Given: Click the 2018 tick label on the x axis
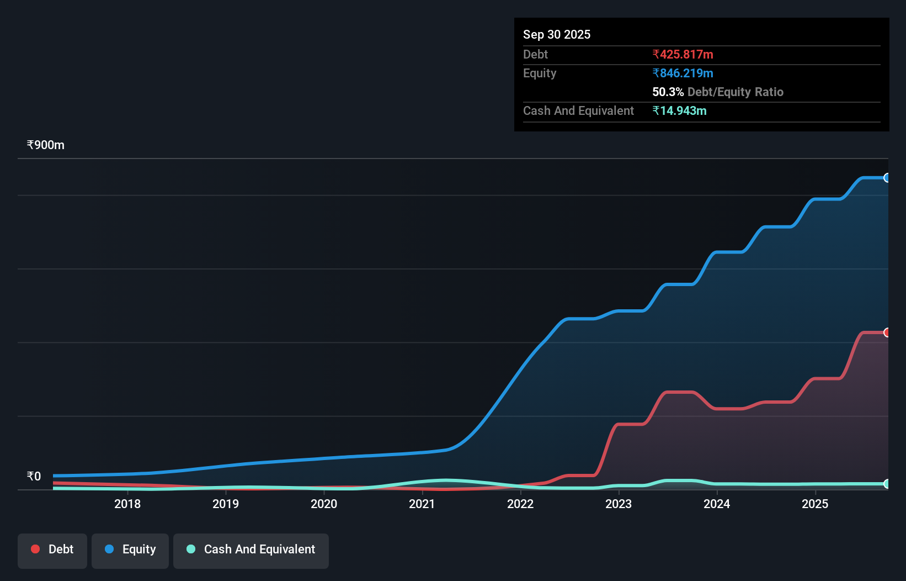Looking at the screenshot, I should click(127, 504).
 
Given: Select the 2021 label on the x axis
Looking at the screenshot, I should click(422, 504).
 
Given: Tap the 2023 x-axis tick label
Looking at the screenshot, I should click(619, 504).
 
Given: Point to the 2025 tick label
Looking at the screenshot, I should click(815, 504).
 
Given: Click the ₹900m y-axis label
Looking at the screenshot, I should click(46, 145).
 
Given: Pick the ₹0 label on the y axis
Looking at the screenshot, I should click(34, 476).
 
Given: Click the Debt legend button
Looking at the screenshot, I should click(52, 550).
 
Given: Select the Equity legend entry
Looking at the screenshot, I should click(130, 550).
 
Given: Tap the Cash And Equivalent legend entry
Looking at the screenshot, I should click(251, 550).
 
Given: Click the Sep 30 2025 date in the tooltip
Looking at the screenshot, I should click(557, 35).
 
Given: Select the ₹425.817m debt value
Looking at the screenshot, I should click(683, 55).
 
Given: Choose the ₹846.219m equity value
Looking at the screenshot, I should click(683, 73).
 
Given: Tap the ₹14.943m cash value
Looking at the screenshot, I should click(679, 111).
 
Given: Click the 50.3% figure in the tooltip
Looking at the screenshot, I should click(668, 92).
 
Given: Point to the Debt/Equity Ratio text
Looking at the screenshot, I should click(735, 92).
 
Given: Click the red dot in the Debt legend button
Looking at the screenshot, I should click(35, 549).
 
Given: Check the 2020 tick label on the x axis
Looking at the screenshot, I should click(324, 504).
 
